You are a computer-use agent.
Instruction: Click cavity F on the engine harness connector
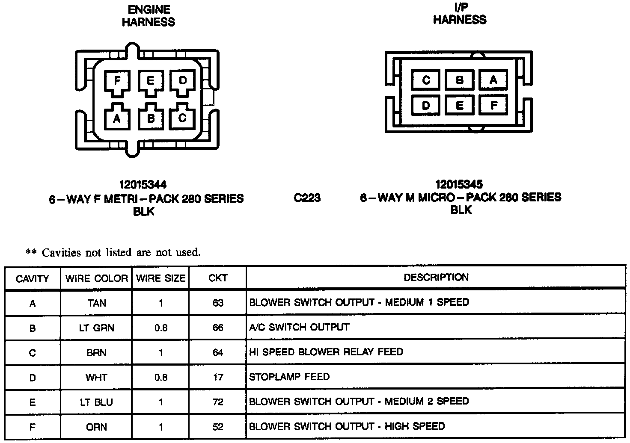(117, 81)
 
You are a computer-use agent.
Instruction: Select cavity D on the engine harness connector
(183, 81)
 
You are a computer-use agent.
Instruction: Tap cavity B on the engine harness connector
(150, 118)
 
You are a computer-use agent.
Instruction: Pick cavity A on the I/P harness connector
(493, 80)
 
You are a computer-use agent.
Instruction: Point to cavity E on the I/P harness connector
(459, 105)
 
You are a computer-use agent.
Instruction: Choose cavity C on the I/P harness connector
(426, 80)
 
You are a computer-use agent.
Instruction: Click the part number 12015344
(143, 185)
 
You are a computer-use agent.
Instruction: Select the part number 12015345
(459, 184)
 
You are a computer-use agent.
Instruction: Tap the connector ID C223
(307, 198)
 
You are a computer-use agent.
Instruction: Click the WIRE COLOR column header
(97, 279)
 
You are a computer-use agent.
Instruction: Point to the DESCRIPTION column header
(436, 278)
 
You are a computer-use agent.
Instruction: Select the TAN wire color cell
(97, 303)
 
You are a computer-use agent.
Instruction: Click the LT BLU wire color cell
(97, 402)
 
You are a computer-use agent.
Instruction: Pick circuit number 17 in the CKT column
(218, 378)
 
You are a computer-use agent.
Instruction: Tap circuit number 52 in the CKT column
(218, 427)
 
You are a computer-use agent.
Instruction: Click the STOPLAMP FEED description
(289, 377)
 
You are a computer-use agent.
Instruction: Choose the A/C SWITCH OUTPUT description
(299, 328)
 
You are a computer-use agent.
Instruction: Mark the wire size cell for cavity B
(161, 328)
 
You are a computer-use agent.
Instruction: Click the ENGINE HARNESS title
(149, 16)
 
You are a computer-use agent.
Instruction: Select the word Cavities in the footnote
(61, 253)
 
